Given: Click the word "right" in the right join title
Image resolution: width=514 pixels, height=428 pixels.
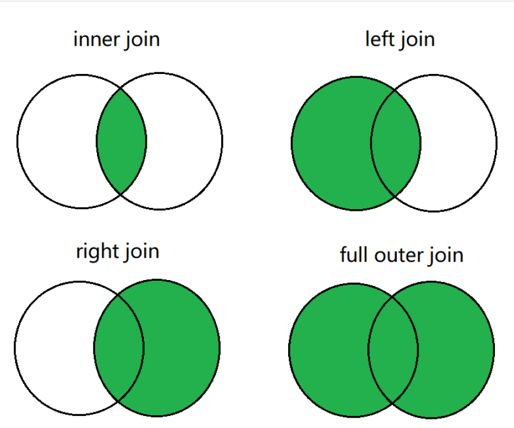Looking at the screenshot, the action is coord(96,252).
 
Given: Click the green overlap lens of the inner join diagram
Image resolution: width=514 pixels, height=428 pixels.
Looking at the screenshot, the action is coord(121,142).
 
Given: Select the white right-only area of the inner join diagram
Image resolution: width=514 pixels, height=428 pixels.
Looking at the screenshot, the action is coord(185,142).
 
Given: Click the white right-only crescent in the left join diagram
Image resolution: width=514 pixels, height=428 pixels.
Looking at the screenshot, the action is coord(459,143).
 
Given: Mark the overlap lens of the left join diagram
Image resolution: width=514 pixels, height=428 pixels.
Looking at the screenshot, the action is coord(396,143).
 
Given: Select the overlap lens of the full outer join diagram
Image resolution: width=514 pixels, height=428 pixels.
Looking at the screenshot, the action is coord(393,350).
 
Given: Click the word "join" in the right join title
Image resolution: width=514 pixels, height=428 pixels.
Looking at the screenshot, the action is coord(141,252).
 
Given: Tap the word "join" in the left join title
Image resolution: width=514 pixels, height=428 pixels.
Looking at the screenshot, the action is coord(417,40).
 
